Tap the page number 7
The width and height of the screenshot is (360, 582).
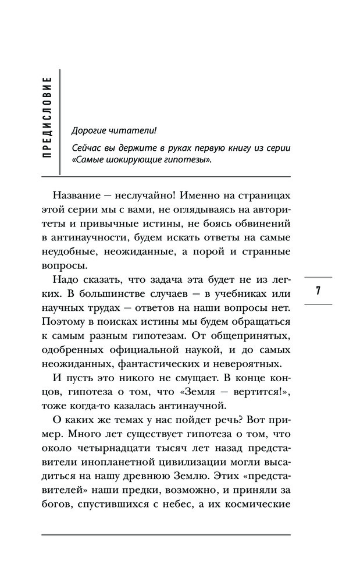pos(318,290)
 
